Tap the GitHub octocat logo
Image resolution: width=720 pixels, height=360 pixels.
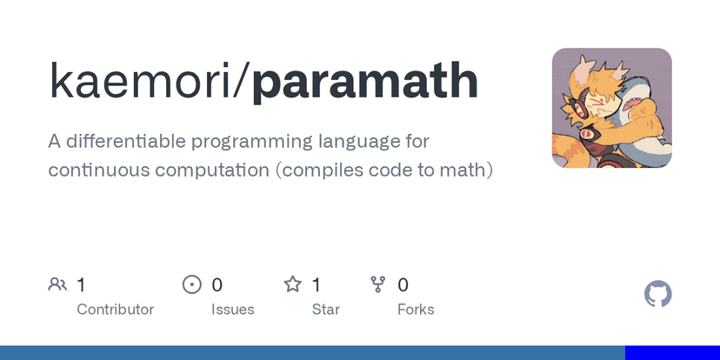coord(658,294)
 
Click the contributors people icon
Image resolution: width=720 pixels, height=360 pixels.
coord(57,284)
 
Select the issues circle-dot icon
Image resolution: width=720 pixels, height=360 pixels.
coord(192,284)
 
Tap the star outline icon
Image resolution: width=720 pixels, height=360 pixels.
coord(292,284)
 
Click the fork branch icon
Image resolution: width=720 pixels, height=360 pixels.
coord(378,284)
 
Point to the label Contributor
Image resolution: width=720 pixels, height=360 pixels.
coord(116,310)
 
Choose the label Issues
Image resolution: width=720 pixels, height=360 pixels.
coord(233,310)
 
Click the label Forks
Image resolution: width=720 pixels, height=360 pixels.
coord(416,310)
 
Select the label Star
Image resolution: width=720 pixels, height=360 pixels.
coord(326,310)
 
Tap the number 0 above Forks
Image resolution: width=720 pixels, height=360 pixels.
coord(403,285)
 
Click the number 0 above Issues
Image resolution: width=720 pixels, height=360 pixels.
coord(217,285)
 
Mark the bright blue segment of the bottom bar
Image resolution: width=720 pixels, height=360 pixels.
coord(672,353)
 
